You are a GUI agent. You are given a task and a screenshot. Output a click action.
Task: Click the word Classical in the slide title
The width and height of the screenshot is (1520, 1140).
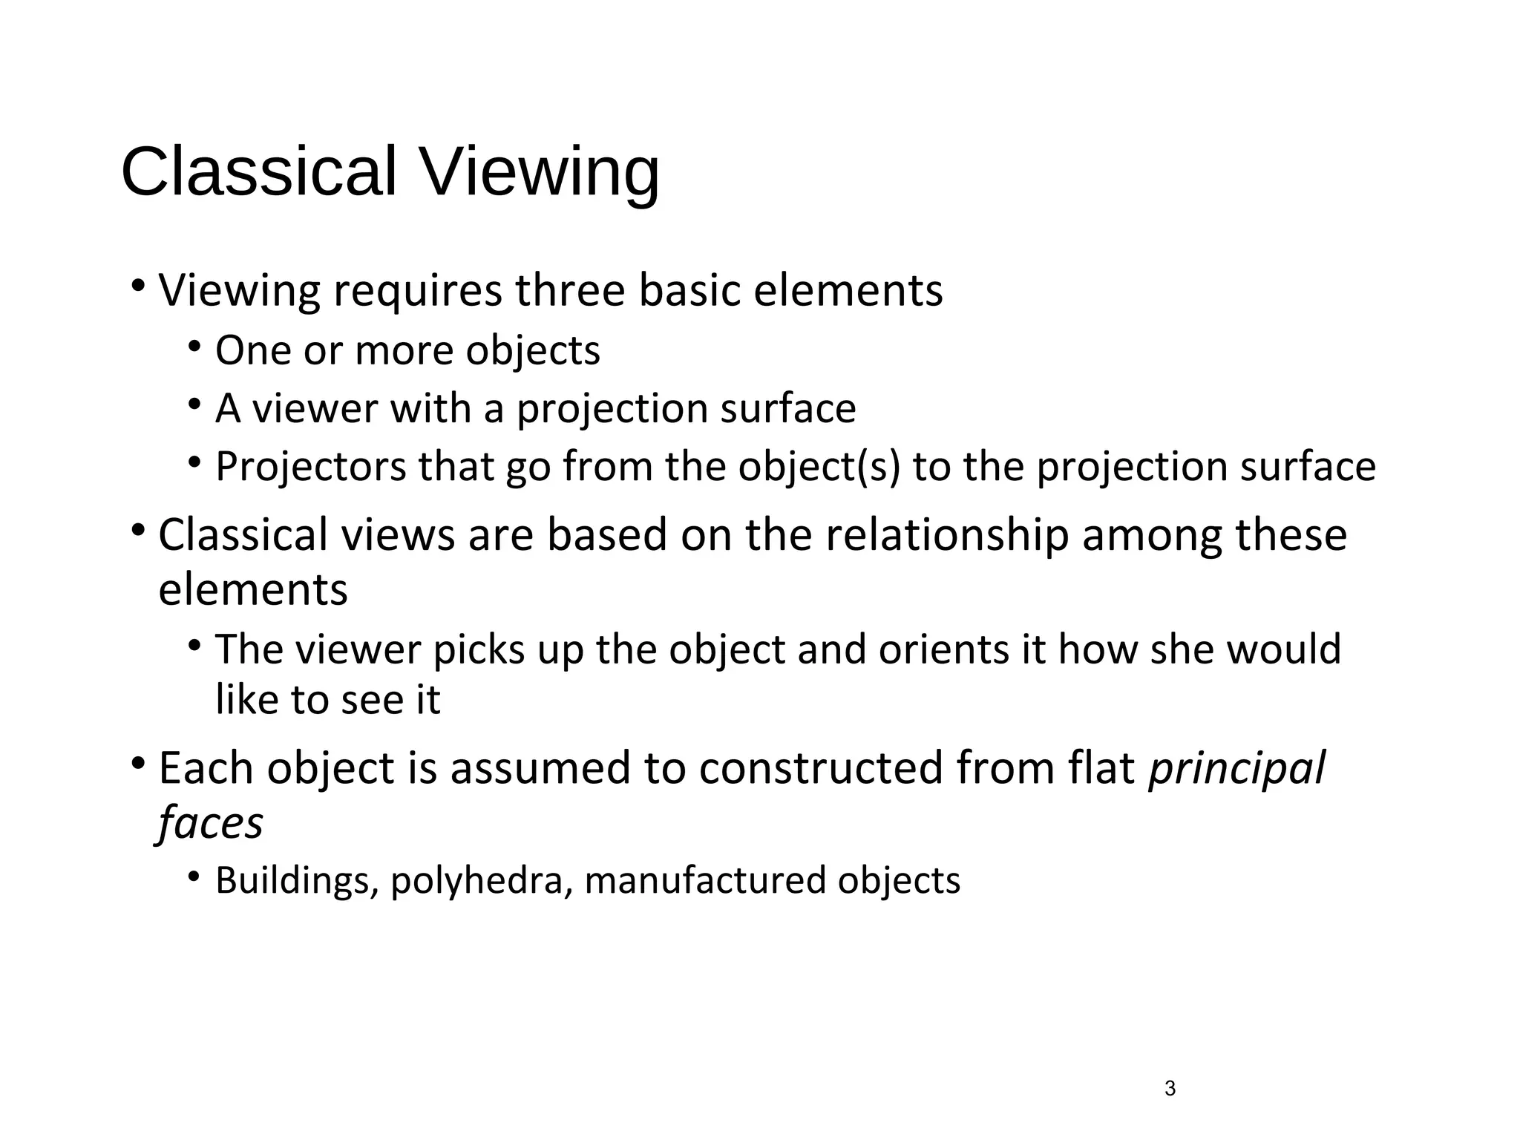click(x=258, y=171)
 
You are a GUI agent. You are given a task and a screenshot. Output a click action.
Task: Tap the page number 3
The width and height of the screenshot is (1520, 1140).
click(x=1170, y=1089)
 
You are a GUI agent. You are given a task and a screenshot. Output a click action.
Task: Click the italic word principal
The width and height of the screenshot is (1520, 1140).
click(x=1236, y=769)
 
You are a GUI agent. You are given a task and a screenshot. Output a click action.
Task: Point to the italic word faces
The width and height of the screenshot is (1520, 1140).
click(x=211, y=823)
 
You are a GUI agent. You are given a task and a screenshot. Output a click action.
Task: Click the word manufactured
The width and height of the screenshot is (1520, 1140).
click(x=705, y=881)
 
